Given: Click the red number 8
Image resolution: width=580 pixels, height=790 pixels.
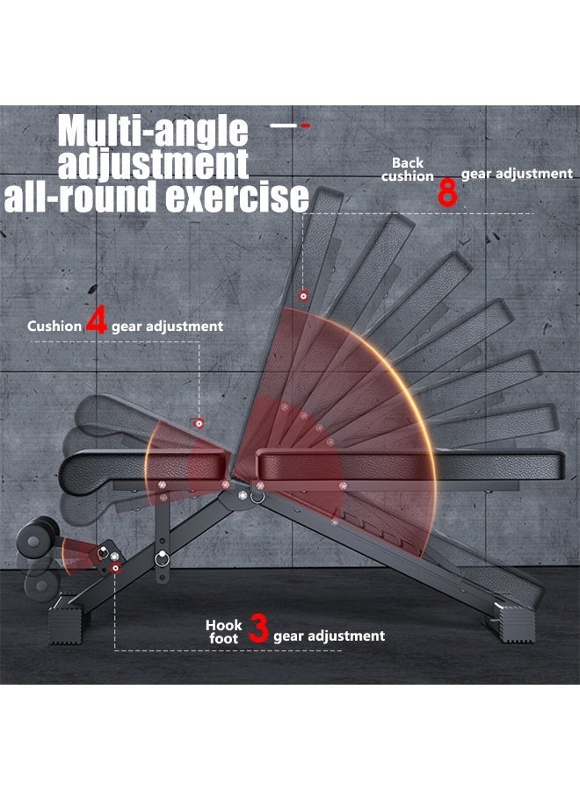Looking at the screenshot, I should [447, 191].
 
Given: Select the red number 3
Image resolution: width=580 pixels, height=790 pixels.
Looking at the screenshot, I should [258, 630].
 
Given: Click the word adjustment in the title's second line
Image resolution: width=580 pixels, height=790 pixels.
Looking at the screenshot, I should [153, 165].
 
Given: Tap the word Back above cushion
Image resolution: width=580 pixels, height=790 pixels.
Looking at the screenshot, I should [408, 162].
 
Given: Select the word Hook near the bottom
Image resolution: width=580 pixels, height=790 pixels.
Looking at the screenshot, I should [224, 625].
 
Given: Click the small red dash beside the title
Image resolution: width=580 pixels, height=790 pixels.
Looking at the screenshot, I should [305, 126].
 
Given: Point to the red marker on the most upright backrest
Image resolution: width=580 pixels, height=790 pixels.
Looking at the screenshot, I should [303, 296].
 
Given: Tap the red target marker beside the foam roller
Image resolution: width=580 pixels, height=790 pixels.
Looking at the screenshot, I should [105, 552].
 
